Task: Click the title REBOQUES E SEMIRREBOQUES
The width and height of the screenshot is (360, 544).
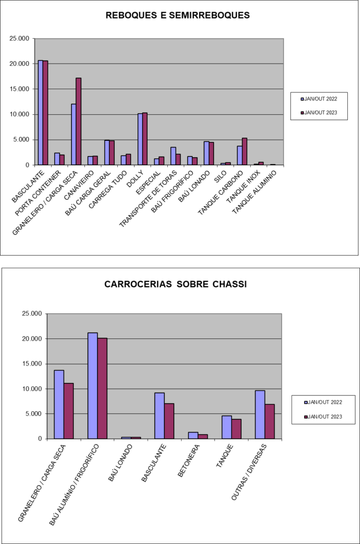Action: [178, 15]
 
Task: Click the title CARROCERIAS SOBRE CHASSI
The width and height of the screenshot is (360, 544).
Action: [176, 284]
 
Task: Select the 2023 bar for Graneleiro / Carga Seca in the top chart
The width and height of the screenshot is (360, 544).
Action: [79, 121]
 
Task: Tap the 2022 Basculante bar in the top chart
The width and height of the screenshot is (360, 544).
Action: [40, 113]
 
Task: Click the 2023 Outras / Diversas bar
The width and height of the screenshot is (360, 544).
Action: [270, 421]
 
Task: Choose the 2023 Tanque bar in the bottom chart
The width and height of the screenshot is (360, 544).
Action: [236, 429]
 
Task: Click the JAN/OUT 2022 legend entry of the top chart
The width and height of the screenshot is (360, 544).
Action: [319, 98]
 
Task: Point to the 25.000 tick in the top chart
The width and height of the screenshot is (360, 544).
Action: [20, 38]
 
